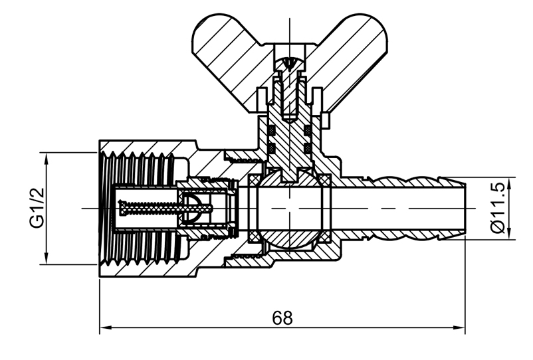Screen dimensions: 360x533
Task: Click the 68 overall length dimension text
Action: coord(282,317)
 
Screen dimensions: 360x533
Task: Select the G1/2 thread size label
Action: coord(37,207)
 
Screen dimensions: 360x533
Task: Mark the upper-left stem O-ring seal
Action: coord(272,129)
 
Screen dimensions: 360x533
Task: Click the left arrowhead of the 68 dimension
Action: coord(104,327)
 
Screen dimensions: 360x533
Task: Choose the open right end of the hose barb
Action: coord(463,208)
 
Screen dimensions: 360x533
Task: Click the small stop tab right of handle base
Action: coord(327,120)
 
